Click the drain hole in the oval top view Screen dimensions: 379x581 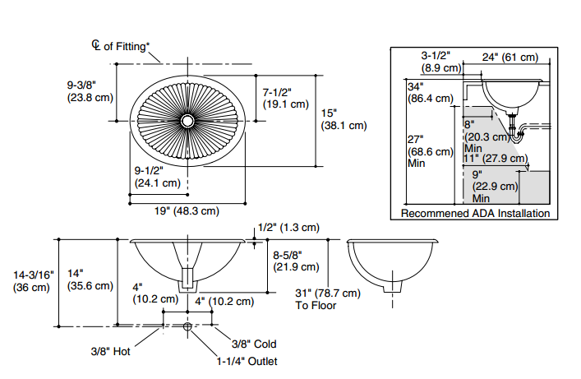point(188,121)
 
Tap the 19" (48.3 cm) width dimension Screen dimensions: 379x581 point(187,210)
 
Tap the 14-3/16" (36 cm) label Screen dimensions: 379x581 point(34,281)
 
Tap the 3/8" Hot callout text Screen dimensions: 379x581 point(111,351)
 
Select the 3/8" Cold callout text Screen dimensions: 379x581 point(253,344)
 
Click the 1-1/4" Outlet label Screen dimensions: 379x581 point(247,360)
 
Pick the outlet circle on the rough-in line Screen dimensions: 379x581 point(188,327)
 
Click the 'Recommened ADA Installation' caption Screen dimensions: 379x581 point(475,214)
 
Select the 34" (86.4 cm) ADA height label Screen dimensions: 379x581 point(430,92)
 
